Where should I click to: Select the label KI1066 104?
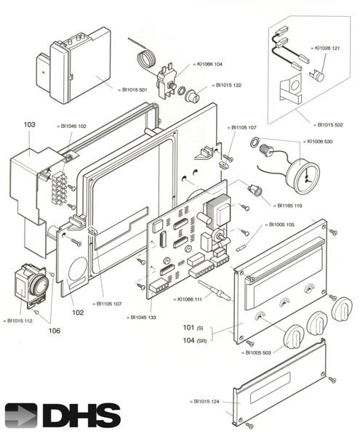click(209, 64)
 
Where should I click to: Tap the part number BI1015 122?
click(228, 85)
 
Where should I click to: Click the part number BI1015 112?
click(18, 320)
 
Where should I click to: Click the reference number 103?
click(29, 125)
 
